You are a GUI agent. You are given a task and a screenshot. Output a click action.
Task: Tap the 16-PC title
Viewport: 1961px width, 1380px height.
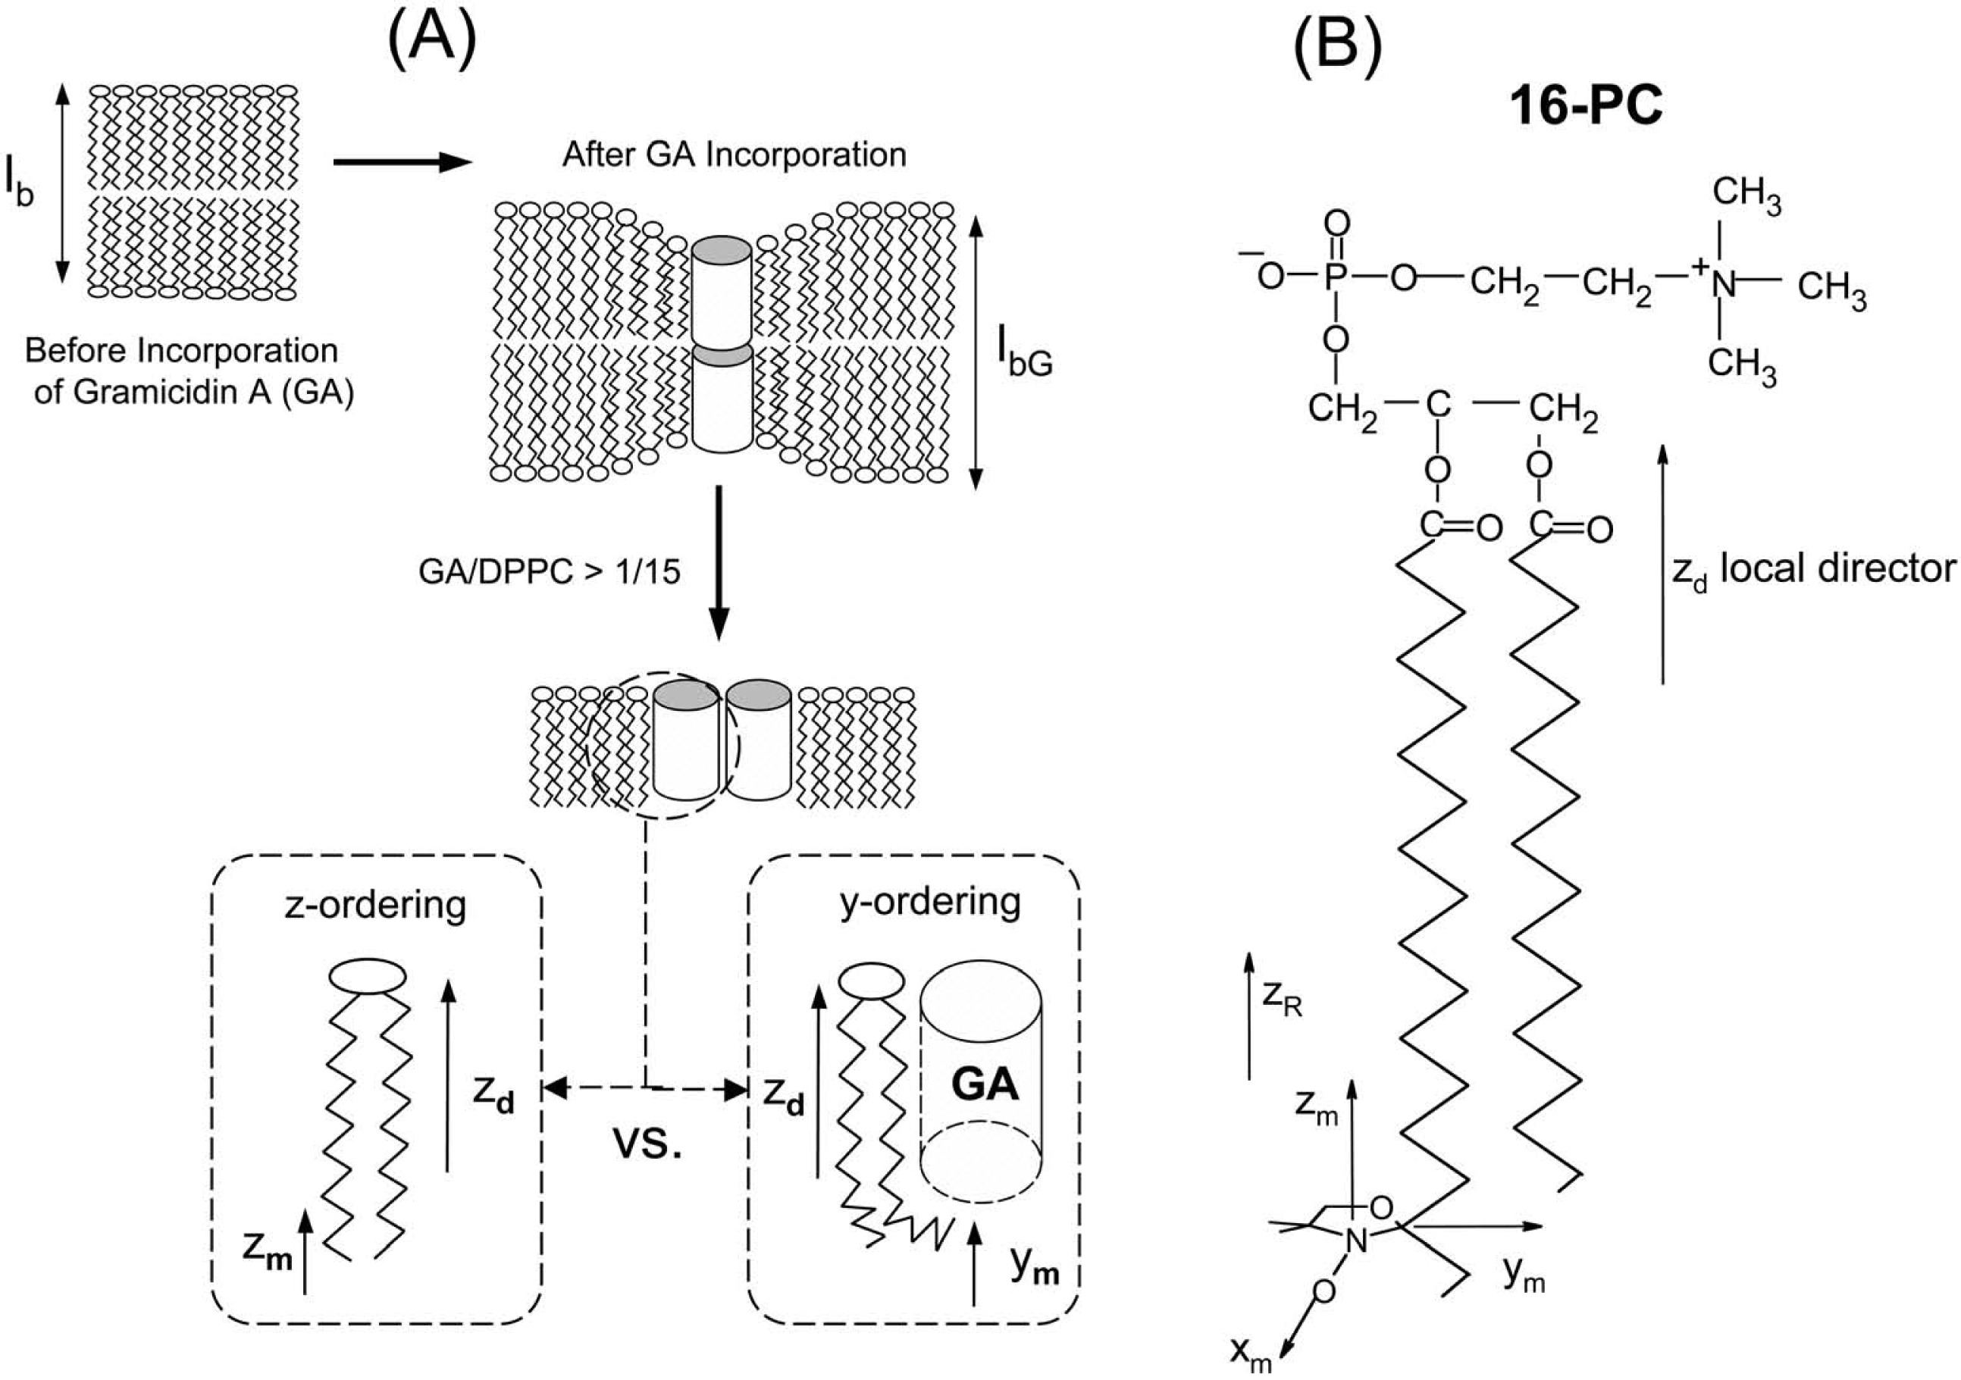point(1586,108)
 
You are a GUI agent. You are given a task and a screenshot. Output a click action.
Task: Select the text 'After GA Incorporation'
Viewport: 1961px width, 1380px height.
point(734,155)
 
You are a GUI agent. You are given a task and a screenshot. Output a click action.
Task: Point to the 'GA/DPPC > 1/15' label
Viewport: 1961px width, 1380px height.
point(549,571)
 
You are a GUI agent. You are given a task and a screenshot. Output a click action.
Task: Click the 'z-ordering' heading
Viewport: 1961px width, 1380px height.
point(376,904)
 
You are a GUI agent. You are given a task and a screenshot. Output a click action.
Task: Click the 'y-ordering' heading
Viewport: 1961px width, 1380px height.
point(930,902)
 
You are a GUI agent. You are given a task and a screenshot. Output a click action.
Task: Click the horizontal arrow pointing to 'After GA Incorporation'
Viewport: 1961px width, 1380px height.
point(402,161)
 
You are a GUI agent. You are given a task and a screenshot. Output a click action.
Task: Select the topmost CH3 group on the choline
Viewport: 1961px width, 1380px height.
point(1746,194)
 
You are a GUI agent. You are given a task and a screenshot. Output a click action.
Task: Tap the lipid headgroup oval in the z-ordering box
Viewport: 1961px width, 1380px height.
point(367,976)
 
